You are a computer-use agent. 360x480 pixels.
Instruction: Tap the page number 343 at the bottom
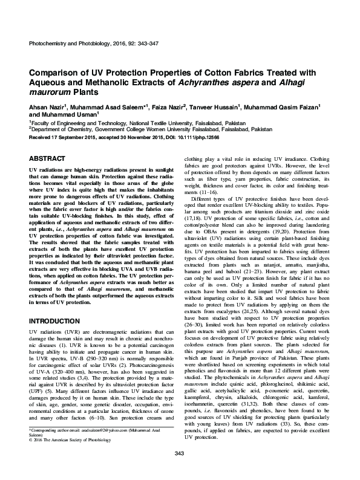point(179,470)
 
